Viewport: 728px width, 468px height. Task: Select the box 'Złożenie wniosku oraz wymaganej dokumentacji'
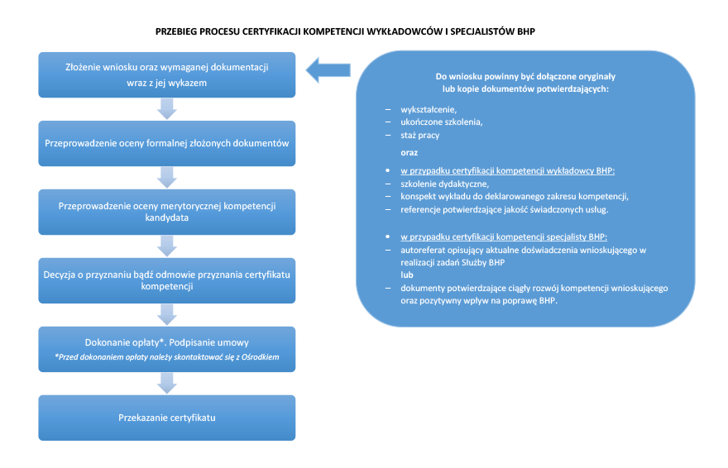coord(166,74)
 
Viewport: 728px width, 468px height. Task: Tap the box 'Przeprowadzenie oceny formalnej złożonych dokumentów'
coord(166,143)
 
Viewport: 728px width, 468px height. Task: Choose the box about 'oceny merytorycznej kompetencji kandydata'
coord(166,212)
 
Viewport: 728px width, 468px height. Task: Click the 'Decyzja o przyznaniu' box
coord(166,280)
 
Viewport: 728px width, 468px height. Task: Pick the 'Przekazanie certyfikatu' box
coord(166,418)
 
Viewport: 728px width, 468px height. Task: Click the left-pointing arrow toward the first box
coord(328,70)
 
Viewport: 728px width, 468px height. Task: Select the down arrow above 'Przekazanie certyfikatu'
coord(166,384)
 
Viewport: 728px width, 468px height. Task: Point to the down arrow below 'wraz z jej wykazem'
coord(166,109)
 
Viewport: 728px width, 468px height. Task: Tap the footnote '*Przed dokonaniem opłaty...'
coord(166,357)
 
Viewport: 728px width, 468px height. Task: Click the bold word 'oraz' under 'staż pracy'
coord(409,153)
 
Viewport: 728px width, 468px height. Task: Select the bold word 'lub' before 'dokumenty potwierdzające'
coord(407,275)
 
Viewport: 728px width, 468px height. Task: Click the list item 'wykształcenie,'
coord(429,109)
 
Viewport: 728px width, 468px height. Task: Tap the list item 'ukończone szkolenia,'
coord(442,122)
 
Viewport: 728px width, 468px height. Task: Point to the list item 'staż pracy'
coord(419,136)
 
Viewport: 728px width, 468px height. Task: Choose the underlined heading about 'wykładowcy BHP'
coord(507,170)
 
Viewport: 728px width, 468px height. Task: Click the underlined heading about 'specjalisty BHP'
coord(504,237)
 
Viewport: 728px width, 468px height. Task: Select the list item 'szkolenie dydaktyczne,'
coord(445,184)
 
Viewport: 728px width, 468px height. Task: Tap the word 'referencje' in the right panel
coord(420,210)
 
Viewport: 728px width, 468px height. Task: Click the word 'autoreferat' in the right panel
coord(423,250)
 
